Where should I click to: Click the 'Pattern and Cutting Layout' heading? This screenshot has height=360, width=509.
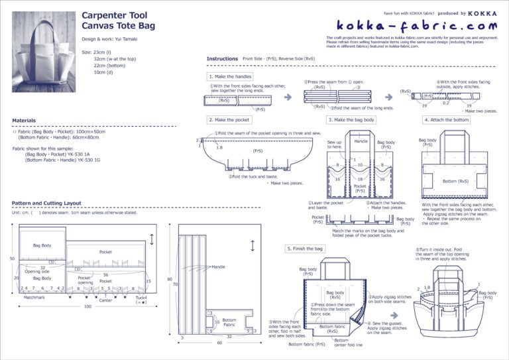point(56,203)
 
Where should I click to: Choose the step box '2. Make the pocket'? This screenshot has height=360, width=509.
point(229,120)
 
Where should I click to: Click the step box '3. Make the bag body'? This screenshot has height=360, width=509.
point(352,120)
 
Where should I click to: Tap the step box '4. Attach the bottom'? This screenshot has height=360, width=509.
point(447,120)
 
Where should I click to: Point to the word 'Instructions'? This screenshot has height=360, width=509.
point(222,59)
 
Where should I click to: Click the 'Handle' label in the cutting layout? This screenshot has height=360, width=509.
point(218,267)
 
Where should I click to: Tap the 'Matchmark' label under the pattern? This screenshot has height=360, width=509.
point(34,297)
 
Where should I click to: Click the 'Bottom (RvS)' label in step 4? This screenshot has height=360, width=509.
point(456,181)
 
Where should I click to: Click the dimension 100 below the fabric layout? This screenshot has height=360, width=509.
point(87,307)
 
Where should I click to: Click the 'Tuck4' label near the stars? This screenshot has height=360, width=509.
point(141,298)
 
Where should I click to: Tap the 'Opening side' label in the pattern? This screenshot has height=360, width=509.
point(36,272)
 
